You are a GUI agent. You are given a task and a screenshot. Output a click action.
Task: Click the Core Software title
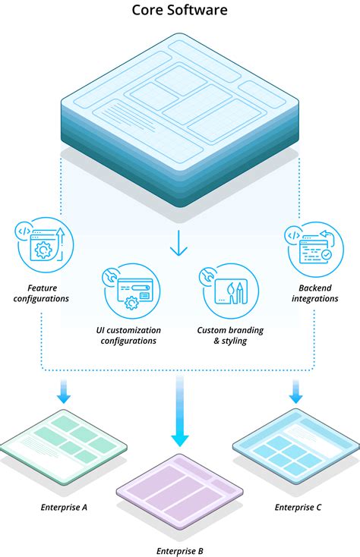(x=179, y=10)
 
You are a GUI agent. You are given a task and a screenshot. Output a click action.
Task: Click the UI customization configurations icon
(x=131, y=291)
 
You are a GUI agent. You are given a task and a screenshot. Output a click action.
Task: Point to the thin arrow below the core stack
(x=178, y=243)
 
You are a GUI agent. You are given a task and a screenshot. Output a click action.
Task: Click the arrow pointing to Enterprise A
(x=64, y=391)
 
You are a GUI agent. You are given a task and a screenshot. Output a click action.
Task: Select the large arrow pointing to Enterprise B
(x=180, y=411)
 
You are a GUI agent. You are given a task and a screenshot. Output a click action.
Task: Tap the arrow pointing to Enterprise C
(x=295, y=391)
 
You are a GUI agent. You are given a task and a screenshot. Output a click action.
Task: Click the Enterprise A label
(x=64, y=507)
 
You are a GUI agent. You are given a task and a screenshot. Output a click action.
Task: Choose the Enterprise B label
(x=180, y=551)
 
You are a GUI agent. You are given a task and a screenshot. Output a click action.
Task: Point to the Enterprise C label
(x=298, y=507)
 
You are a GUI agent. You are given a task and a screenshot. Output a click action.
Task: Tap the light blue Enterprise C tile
(x=296, y=446)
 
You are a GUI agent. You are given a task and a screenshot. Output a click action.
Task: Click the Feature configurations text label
(x=41, y=293)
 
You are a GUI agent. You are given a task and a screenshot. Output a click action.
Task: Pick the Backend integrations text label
(x=315, y=293)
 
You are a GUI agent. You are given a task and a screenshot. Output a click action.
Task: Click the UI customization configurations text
(x=128, y=335)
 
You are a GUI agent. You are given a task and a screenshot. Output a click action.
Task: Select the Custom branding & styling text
(x=230, y=335)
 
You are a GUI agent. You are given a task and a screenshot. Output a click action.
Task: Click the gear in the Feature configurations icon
(x=43, y=250)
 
